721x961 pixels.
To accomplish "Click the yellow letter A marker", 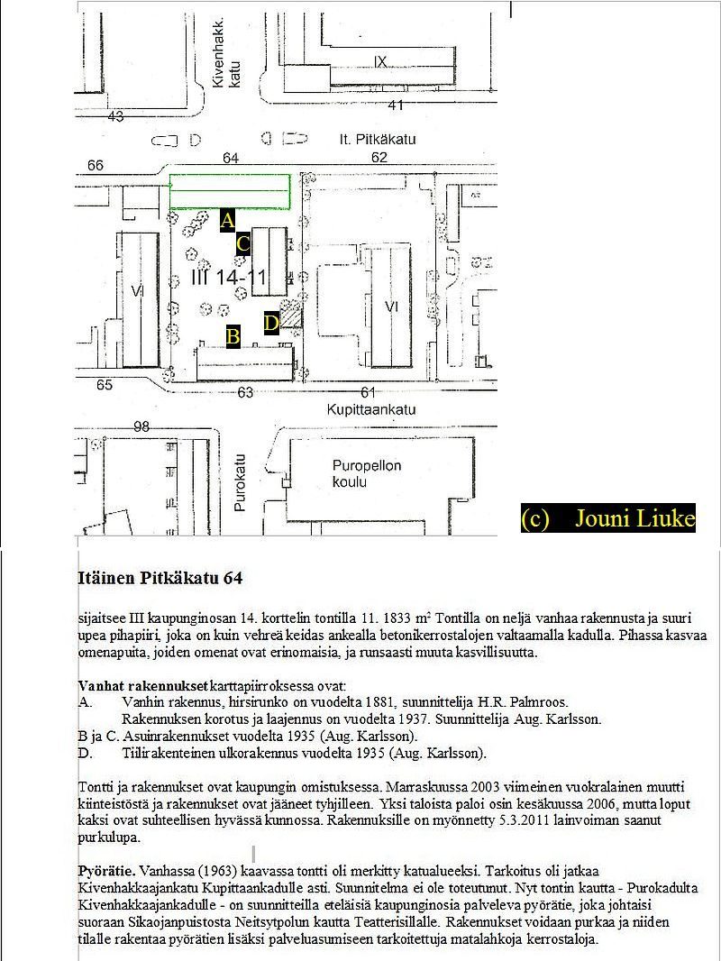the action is (x=227, y=220).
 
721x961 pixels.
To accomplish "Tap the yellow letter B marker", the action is (x=233, y=336).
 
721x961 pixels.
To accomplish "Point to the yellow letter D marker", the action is (x=271, y=323).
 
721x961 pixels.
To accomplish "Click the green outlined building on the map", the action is (x=230, y=192).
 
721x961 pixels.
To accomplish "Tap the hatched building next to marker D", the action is (x=291, y=314).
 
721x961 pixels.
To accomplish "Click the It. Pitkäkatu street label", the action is (x=378, y=139).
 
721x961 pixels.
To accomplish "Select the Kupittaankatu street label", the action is (x=371, y=409).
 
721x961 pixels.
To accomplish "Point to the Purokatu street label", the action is (x=239, y=482).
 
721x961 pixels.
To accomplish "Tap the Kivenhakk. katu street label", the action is (x=226, y=53).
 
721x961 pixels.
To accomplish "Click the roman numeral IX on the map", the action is (x=380, y=61).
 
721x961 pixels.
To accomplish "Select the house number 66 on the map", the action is (x=96, y=166).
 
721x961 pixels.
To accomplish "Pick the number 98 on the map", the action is (x=141, y=426).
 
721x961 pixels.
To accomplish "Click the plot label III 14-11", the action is (x=229, y=277).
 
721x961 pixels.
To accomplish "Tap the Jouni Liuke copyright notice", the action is (x=608, y=518).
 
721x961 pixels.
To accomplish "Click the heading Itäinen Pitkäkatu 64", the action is (x=160, y=578).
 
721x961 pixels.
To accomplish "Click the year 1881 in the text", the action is (x=379, y=701).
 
